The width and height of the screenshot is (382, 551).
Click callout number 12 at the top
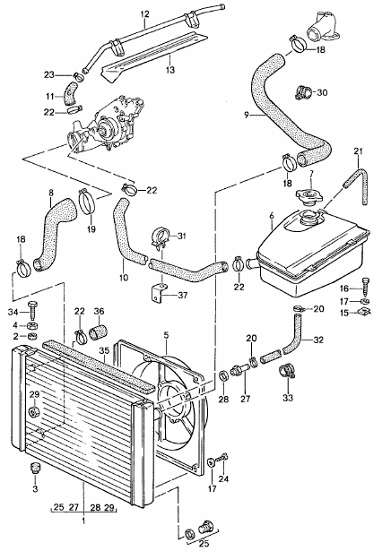click(143, 13)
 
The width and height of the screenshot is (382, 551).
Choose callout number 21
click(357, 149)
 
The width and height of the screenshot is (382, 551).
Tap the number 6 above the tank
click(270, 217)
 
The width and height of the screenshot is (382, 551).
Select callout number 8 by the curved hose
click(50, 192)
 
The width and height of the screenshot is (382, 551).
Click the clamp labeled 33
click(287, 370)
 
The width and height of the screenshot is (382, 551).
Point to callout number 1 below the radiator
click(82, 519)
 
